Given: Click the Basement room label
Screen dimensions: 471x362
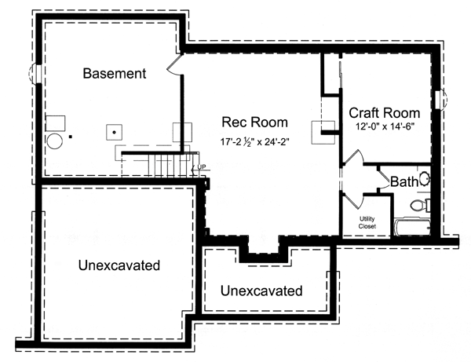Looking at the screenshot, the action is pos(115,74).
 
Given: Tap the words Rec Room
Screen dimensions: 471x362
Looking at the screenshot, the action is pos(254,122).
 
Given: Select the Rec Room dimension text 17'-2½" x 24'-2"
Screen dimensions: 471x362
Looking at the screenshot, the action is pos(254,141).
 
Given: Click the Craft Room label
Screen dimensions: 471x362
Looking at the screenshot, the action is pos(385,113).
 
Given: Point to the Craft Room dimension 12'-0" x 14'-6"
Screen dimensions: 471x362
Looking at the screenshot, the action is pos(385,126).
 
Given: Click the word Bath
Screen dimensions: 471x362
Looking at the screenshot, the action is pos(404,181).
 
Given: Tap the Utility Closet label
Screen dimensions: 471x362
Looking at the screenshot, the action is pos(367,222).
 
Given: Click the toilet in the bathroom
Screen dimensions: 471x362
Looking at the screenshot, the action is pos(421,205).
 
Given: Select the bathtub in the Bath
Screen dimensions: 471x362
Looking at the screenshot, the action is pos(412,228).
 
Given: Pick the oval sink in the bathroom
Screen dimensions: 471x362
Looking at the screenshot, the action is pos(424,179).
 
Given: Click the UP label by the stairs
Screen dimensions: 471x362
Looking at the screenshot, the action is pos(201,167).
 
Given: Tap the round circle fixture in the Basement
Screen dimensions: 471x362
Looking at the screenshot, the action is pos(55,141).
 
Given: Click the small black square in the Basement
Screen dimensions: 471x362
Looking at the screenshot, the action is pos(71,137).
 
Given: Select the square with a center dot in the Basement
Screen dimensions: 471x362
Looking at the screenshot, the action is pos(114,132).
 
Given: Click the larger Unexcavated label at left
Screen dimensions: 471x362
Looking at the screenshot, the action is pos(119,265).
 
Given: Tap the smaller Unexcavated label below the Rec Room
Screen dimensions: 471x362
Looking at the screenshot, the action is pos(261,291).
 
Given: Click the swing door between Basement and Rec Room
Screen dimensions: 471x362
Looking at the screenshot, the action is pos(174,64).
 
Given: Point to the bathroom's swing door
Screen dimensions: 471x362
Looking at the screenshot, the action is pos(383,180).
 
